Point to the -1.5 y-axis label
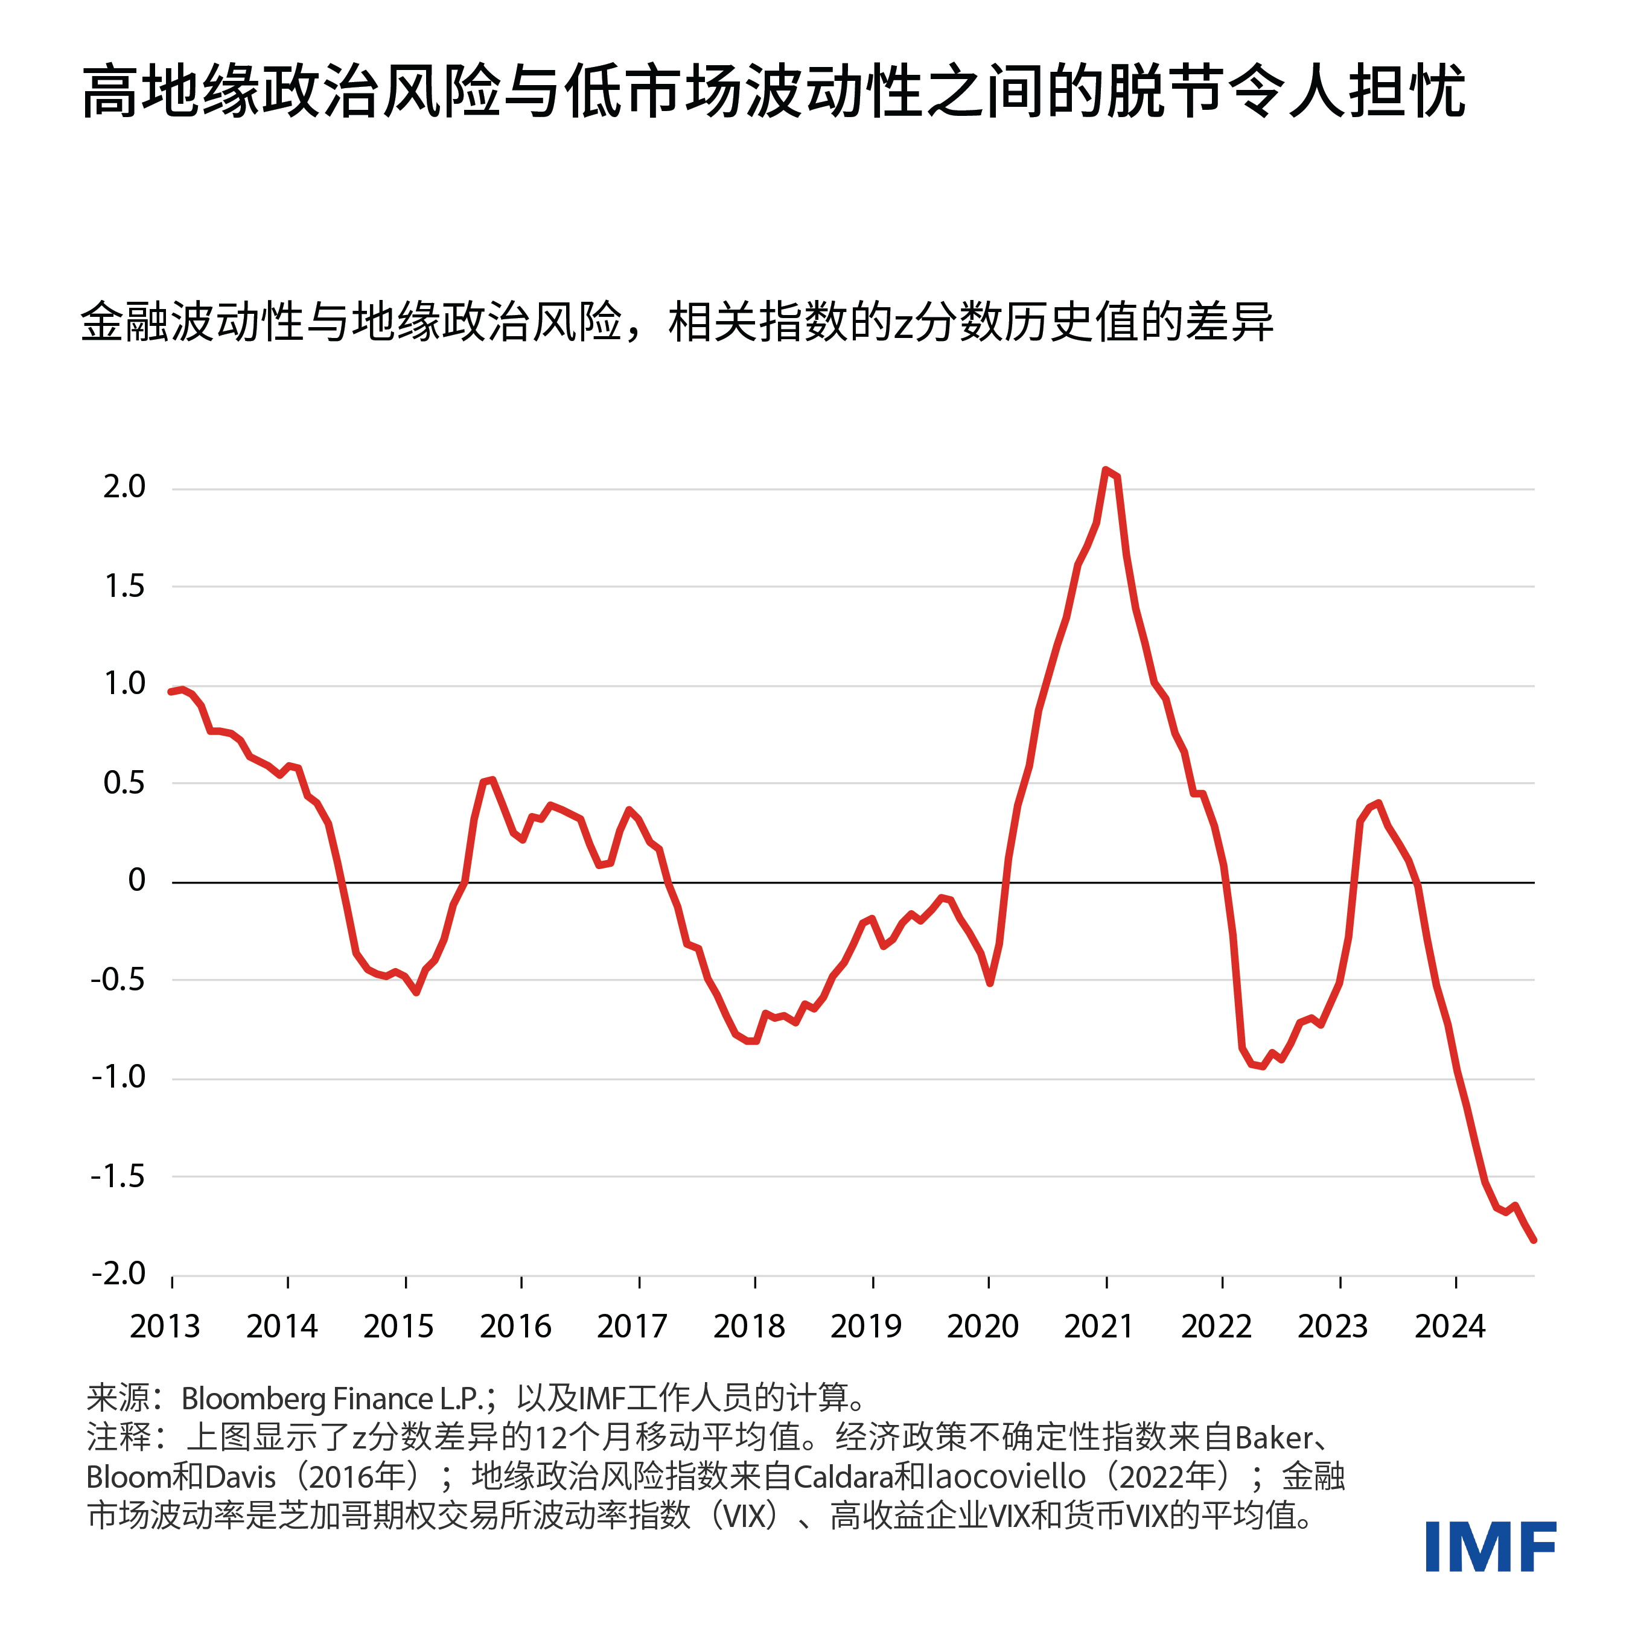[x=118, y=1176]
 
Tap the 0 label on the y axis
[x=136, y=881]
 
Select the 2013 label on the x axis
[x=164, y=1326]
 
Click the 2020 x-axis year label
[x=983, y=1326]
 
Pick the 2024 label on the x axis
[x=1450, y=1326]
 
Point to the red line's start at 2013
[x=172, y=692]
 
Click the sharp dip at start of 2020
[x=989, y=983]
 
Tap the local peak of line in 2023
[x=1378, y=803]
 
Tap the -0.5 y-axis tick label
[x=118, y=980]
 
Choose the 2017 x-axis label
[x=632, y=1326]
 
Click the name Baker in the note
[x=1273, y=1438]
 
